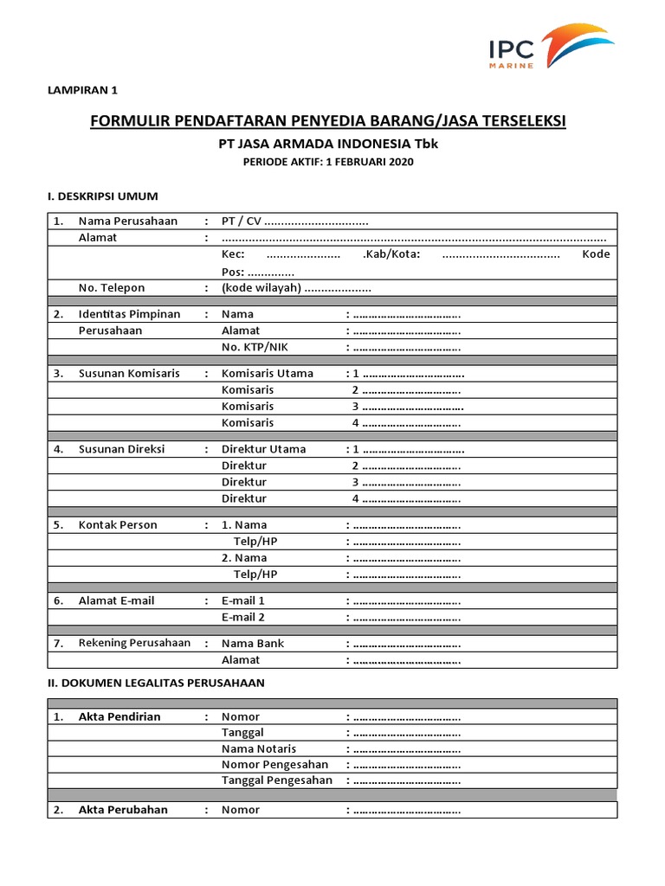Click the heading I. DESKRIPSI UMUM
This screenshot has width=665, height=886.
101,196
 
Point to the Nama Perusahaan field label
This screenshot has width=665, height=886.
127,221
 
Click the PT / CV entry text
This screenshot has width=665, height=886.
242,221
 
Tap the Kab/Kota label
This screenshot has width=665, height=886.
391,254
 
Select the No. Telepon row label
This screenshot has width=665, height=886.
112,288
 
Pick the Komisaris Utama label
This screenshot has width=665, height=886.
267,374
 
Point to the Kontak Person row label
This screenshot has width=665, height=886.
118,525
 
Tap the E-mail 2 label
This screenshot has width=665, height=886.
242,617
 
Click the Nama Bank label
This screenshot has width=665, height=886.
252,644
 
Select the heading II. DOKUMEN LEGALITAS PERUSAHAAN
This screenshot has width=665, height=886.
155,683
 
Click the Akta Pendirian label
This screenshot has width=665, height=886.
119,717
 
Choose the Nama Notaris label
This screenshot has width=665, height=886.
258,749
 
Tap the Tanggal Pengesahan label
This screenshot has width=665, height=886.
276,780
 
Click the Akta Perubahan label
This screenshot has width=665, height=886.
123,810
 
